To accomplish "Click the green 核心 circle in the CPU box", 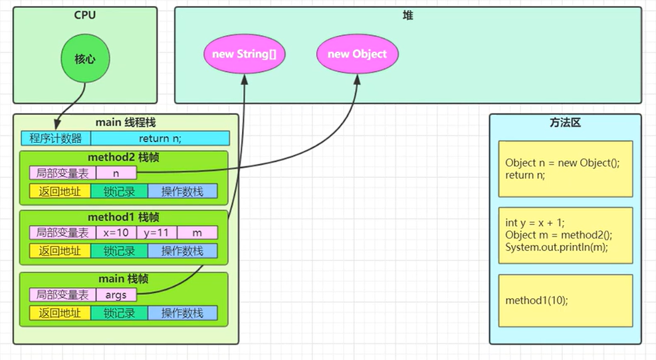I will click(x=84, y=58).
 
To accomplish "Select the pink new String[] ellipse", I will click(x=244, y=54).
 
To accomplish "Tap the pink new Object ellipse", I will click(x=357, y=54).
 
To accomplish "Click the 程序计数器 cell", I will click(x=55, y=138).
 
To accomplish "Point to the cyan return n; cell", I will click(x=160, y=138).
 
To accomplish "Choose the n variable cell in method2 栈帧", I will click(x=116, y=173).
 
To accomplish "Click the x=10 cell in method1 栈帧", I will click(x=116, y=233).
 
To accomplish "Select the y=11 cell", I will click(x=157, y=233).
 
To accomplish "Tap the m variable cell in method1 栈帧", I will click(x=197, y=233).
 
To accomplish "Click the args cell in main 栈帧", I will click(x=116, y=294).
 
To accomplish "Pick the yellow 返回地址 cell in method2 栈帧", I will click(x=60, y=191).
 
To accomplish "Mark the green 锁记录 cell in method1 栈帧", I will click(x=120, y=251).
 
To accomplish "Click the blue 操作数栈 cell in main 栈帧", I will click(x=182, y=312).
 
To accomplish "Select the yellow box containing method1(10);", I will click(x=565, y=300).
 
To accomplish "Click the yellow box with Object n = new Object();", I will click(x=565, y=169).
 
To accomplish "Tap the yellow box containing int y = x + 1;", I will click(x=565, y=234).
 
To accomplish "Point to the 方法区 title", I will click(x=565, y=123).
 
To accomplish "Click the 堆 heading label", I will click(x=408, y=15).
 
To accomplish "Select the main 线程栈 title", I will click(x=126, y=122).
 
